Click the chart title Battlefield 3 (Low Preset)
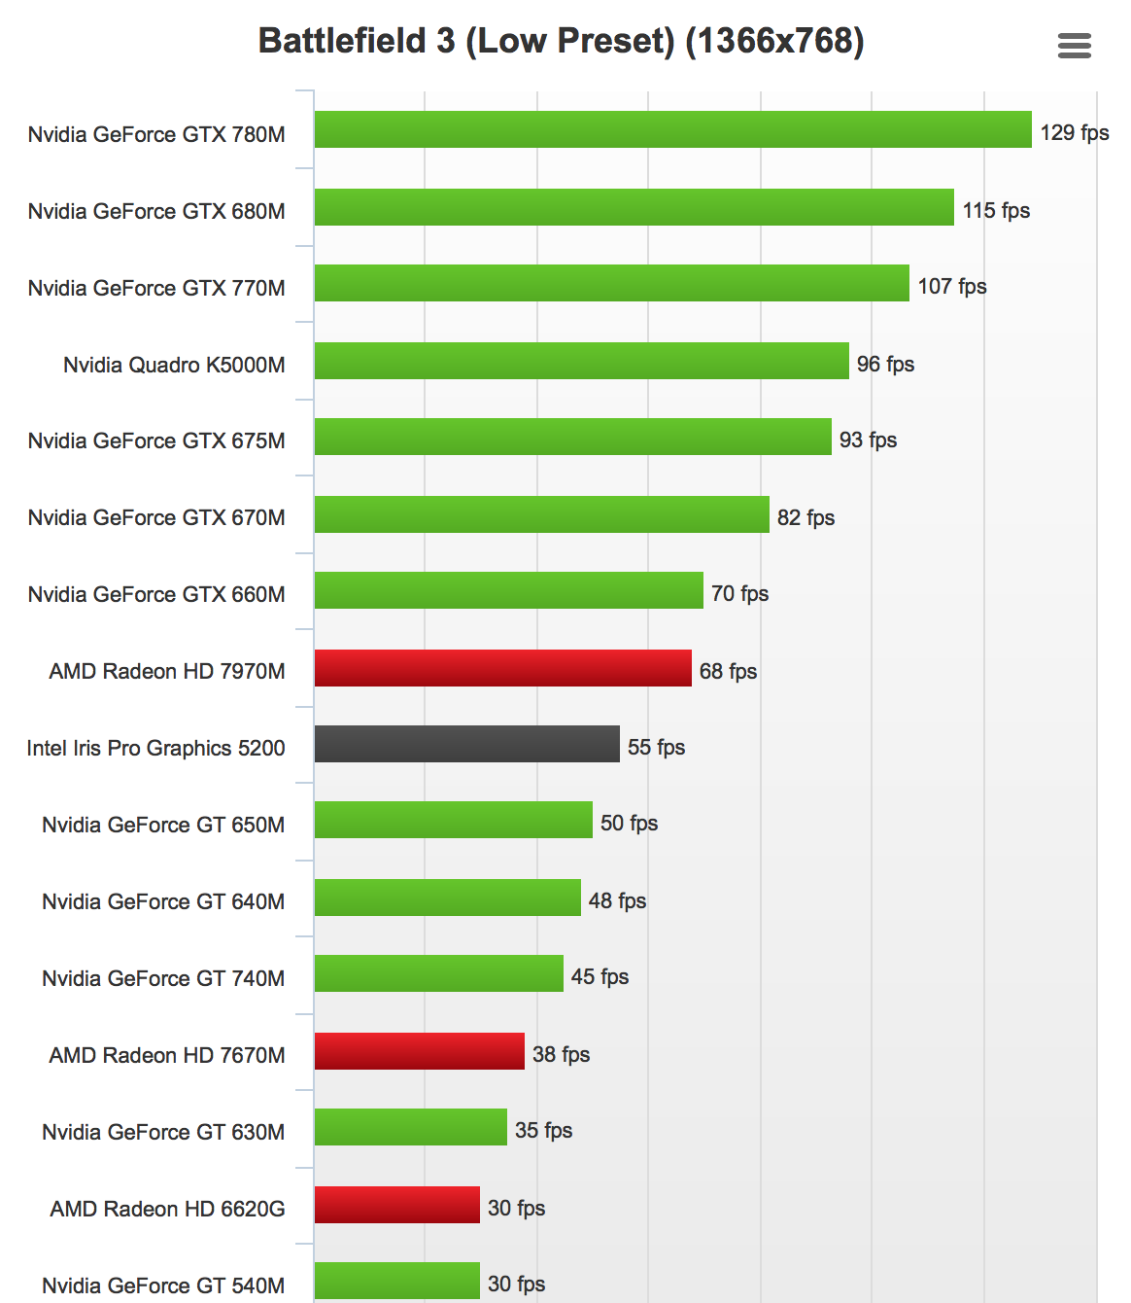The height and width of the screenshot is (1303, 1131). (x=561, y=41)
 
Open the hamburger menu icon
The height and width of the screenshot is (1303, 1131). (x=1074, y=46)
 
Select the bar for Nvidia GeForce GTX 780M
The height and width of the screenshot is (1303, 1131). (x=672, y=129)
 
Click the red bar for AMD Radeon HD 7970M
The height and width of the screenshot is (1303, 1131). (x=502, y=668)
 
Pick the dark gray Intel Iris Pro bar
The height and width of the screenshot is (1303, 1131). (x=466, y=744)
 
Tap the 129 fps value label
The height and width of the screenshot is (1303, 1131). (x=1074, y=132)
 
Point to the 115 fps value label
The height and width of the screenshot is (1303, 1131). (x=996, y=210)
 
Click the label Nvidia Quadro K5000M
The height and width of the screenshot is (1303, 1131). (x=174, y=365)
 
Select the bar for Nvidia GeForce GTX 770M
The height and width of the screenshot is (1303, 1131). (x=611, y=283)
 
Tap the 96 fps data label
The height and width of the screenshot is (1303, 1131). (x=885, y=364)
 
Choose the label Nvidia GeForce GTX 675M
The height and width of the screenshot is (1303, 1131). (x=156, y=440)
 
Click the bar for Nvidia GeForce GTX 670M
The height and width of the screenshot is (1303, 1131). (x=541, y=514)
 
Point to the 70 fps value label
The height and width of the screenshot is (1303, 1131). (x=739, y=593)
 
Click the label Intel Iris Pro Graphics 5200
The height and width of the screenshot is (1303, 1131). (x=155, y=748)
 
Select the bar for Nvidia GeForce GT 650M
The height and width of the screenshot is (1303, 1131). (x=453, y=820)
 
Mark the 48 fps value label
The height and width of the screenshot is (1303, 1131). (x=617, y=900)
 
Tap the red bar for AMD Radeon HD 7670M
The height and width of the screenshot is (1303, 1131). (x=419, y=1051)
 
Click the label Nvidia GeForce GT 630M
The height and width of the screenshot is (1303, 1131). (x=163, y=1132)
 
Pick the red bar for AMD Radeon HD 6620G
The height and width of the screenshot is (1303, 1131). (x=396, y=1205)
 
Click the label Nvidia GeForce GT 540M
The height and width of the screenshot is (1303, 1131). (x=163, y=1285)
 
